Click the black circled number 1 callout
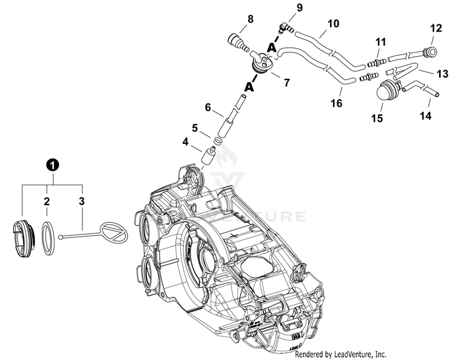(53, 165)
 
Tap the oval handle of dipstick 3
(113, 231)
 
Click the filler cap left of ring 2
(24, 239)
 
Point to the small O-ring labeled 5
(218, 141)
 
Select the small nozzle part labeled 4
(209, 156)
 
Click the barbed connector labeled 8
(238, 42)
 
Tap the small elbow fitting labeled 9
(285, 29)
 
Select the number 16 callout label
(336, 103)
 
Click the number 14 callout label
(425, 115)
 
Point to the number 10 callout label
(333, 23)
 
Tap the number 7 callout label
(287, 83)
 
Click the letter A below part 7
(249, 87)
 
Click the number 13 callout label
(442, 74)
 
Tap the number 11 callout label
(381, 42)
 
